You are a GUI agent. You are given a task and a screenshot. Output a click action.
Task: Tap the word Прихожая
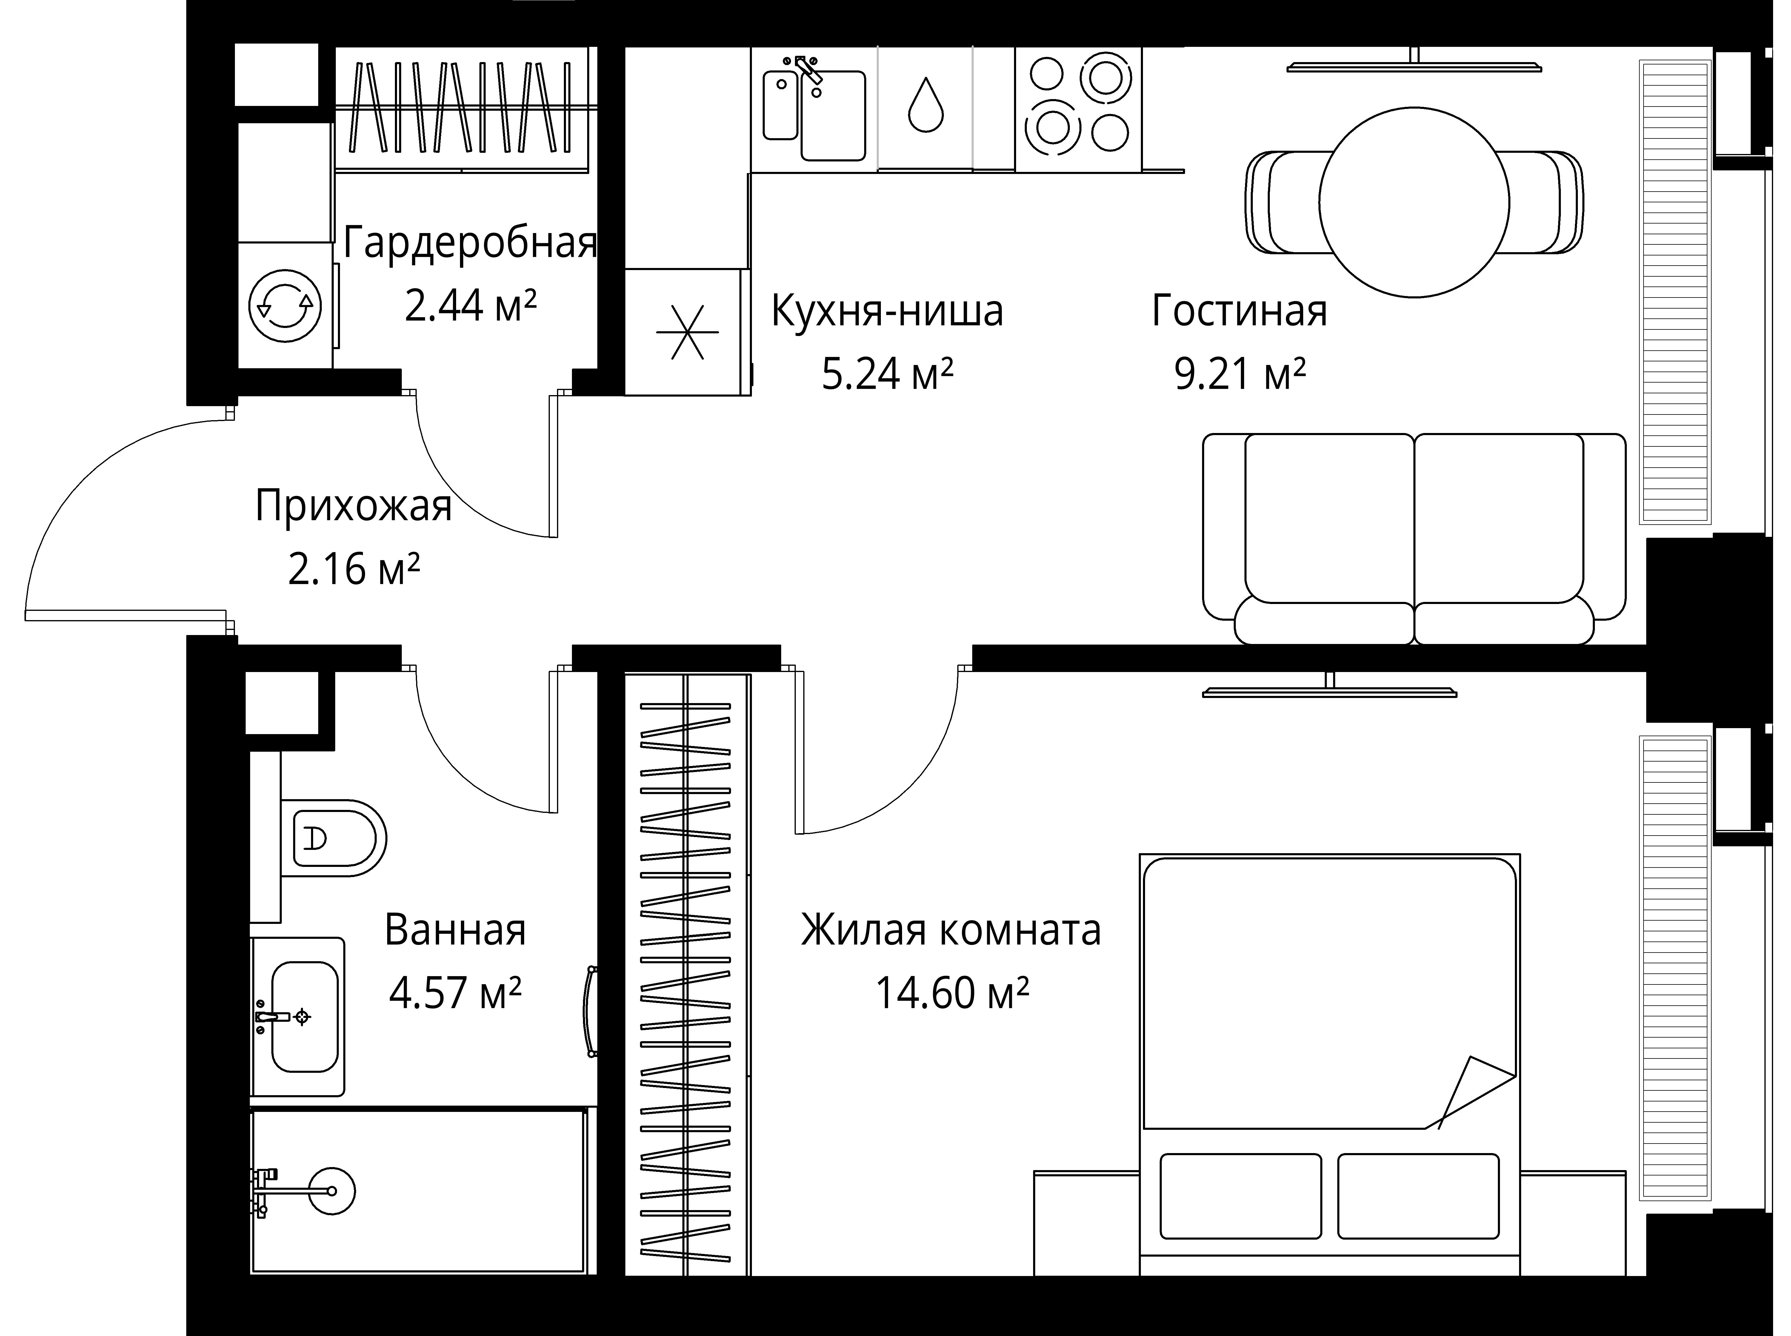coord(353,506)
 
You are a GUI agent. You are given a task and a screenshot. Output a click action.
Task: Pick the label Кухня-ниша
coord(887,311)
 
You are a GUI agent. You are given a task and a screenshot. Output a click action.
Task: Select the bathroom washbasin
coord(303,1017)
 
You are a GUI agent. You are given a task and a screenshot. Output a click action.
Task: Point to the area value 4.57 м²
coord(455,993)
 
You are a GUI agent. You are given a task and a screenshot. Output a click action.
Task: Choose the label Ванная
coord(455,930)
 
